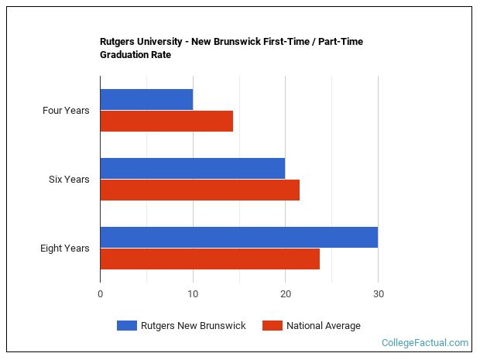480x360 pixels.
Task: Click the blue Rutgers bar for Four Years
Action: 146,99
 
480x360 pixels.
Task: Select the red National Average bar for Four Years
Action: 166,121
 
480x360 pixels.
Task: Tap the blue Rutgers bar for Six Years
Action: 192,168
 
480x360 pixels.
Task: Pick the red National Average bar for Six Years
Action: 200,190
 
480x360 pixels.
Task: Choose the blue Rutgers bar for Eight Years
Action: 238,237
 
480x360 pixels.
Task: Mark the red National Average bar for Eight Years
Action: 210,259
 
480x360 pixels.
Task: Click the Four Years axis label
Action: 66,111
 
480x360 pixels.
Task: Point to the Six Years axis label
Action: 69,180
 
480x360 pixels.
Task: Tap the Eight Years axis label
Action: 65,249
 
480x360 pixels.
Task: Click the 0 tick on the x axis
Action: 100,294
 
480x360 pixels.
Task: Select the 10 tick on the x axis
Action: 193,294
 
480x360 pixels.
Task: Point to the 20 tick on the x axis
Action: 285,294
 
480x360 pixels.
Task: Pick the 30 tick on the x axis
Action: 378,294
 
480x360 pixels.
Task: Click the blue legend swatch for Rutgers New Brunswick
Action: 127,326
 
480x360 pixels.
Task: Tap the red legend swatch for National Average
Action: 273,326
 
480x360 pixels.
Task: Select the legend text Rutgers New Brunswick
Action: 193,326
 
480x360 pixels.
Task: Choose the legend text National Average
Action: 324,326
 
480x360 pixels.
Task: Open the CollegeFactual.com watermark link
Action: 425,343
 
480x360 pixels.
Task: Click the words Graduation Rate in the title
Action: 135,55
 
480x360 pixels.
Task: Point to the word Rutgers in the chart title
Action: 118,42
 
